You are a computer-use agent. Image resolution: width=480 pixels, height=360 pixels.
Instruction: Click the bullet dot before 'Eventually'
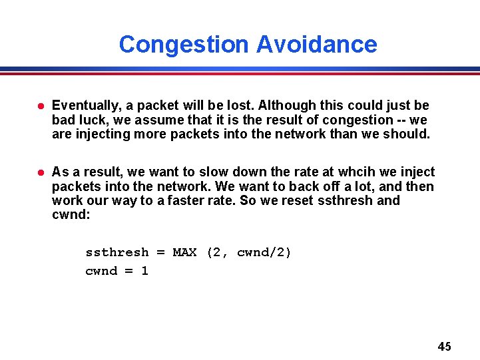pos(40,106)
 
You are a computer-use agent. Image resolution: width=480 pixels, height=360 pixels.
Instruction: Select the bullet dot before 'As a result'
pos(40,172)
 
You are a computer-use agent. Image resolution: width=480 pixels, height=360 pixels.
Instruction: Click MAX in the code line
pos(184,253)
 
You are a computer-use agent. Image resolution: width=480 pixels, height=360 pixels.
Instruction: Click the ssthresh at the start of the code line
pos(117,253)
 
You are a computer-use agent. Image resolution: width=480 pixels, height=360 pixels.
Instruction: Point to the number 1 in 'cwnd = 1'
pos(144,271)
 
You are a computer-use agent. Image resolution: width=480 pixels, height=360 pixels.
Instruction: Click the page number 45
pos(444,346)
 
